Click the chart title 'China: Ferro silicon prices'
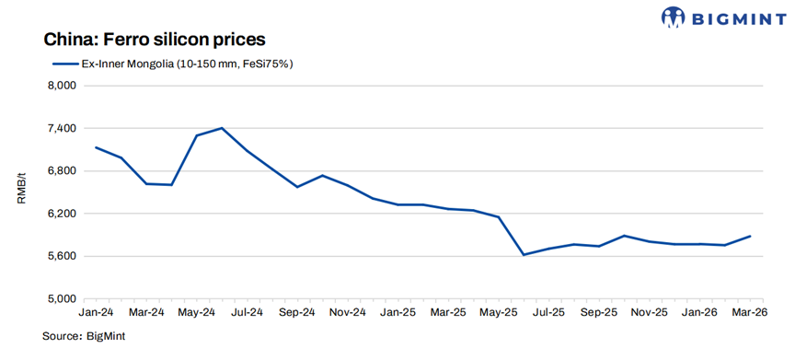point(154,40)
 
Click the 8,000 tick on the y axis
point(60,86)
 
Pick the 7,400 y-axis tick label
point(60,129)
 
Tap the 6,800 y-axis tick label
point(60,171)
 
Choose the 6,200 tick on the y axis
point(60,214)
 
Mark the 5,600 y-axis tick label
point(60,256)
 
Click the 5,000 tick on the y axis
point(60,299)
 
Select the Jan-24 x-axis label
point(98,313)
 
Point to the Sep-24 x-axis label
point(298,313)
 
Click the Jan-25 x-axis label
point(398,313)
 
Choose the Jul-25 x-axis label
point(548,313)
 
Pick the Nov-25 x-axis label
point(649,313)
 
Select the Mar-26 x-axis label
point(750,313)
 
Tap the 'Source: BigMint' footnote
point(84,336)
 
